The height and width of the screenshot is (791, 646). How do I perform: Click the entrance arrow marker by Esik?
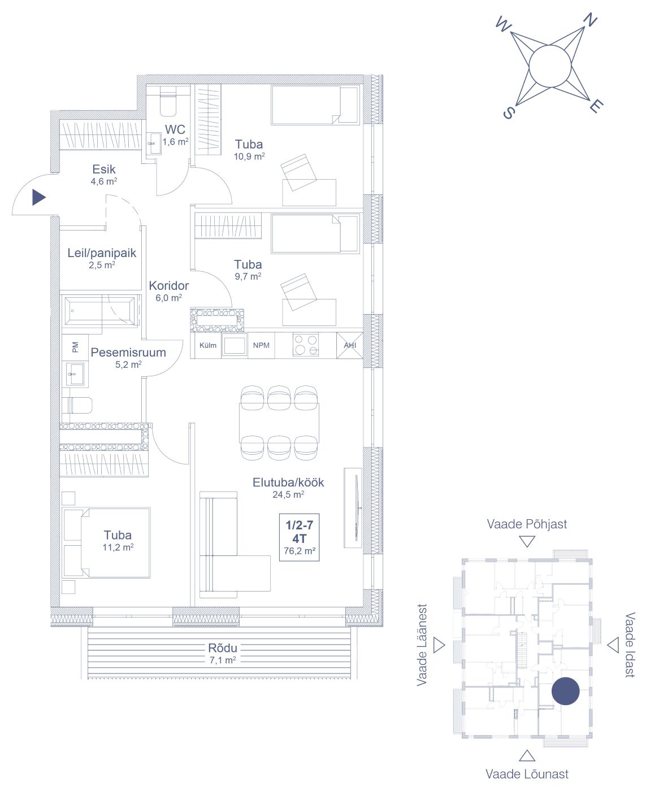pos(38,197)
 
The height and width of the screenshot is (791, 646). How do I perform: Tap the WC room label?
pos(175,129)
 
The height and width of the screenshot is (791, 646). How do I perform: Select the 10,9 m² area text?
pos(249,157)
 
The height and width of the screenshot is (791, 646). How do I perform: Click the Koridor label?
pos(168,286)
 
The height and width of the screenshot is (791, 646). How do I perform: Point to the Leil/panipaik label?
pos(102,253)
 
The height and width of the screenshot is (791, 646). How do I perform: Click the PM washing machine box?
pos(75,347)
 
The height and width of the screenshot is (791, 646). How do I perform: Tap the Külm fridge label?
pos(208,345)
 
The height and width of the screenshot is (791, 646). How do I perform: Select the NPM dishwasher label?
pos(261,345)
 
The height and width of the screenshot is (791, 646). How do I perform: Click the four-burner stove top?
pos(306,345)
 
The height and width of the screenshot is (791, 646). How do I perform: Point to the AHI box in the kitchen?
pos(350,345)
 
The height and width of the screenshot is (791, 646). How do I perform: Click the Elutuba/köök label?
pos(288,483)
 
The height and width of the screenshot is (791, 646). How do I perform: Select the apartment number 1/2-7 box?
pos(300,537)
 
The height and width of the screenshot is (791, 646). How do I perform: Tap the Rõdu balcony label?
pos(223,647)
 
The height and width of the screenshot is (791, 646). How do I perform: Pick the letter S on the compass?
pos(509,112)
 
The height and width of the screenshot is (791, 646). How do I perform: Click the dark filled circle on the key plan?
pos(565,691)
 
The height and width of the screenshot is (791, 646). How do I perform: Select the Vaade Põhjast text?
pos(527,524)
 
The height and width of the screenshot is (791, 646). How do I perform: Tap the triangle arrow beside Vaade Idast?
pos(613,645)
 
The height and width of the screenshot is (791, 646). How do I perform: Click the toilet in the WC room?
pos(168,102)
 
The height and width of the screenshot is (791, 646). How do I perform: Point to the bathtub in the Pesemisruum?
pos(100,311)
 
